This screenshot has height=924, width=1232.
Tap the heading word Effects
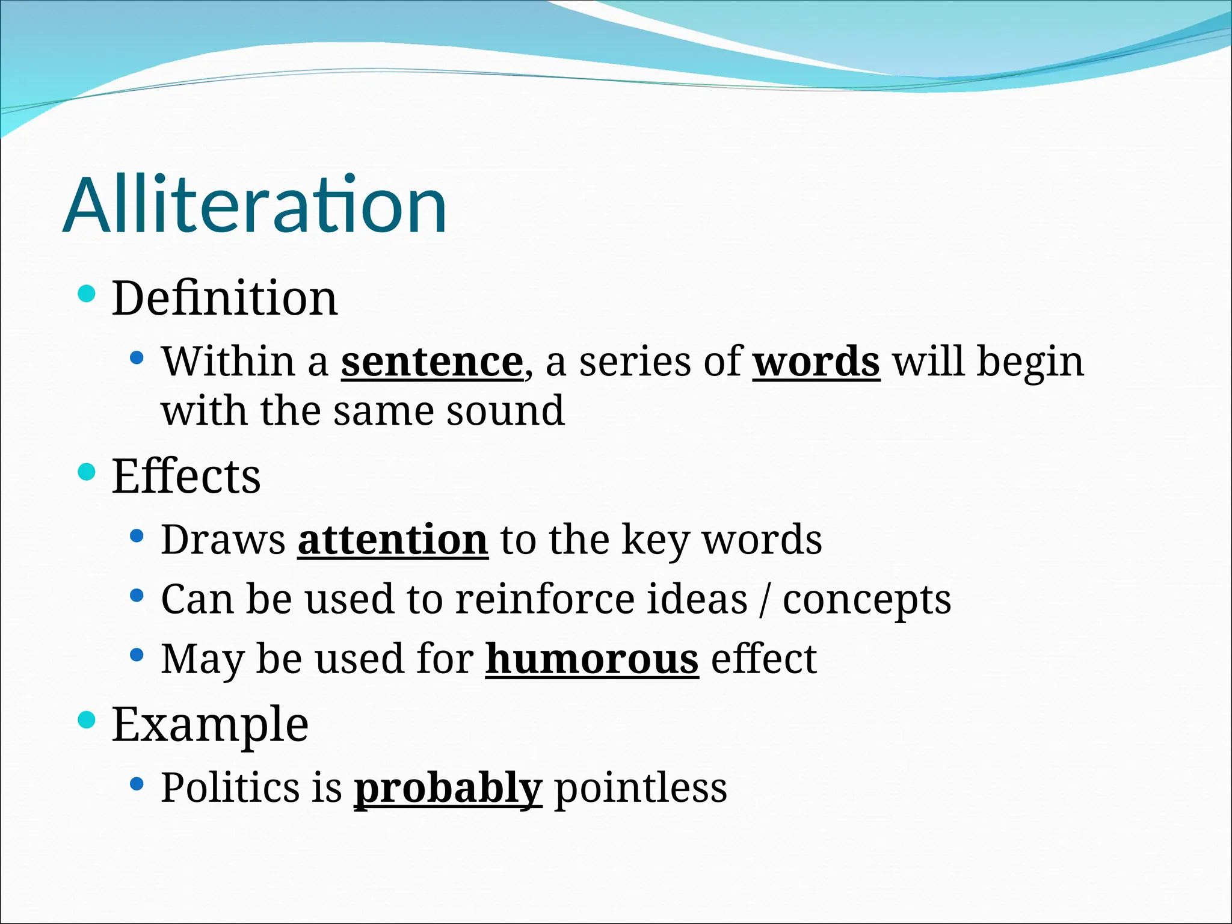coord(186,476)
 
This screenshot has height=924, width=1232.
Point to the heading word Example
coord(210,724)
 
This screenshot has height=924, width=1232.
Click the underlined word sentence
coord(432,362)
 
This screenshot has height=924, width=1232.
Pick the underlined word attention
coord(392,540)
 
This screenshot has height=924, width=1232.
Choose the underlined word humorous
coord(592,659)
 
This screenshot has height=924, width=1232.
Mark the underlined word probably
coord(448,788)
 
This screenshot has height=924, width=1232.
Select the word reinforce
coord(544,600)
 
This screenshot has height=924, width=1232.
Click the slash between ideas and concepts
coord(764,600)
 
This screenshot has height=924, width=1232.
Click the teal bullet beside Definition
coord(87,294)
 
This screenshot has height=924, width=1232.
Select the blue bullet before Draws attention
coord(137,536)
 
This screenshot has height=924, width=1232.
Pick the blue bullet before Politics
coord(137,784)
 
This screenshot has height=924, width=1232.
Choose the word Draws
coord(223,540)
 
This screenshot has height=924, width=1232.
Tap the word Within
coord(228,362)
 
